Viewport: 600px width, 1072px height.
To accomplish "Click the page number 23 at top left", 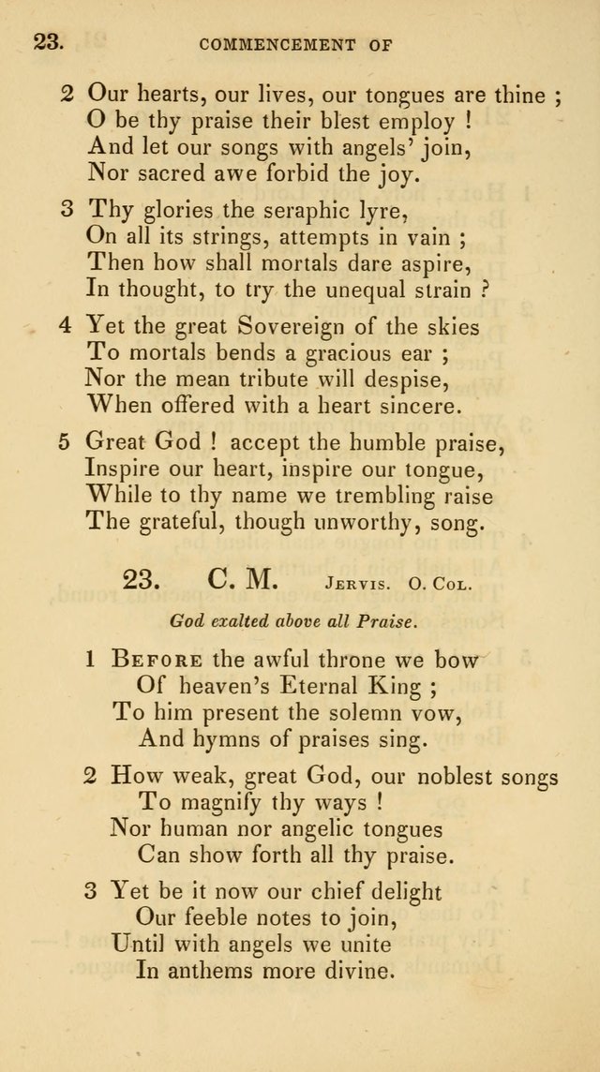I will (x=48, y=41).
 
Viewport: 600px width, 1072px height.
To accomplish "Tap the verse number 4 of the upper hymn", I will (x=66, y=327).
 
